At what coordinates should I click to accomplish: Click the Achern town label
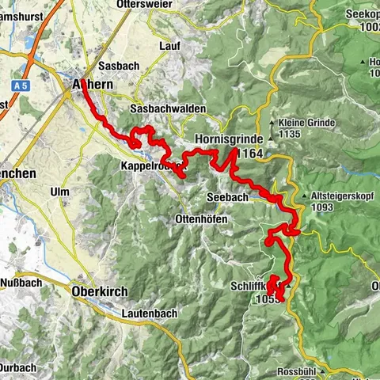[93, 85]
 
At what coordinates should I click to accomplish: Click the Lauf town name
[169, 47]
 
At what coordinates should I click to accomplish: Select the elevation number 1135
[304, 135]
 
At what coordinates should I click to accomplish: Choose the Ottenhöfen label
[201, 218]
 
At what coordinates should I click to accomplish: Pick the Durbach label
[17, 367]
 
